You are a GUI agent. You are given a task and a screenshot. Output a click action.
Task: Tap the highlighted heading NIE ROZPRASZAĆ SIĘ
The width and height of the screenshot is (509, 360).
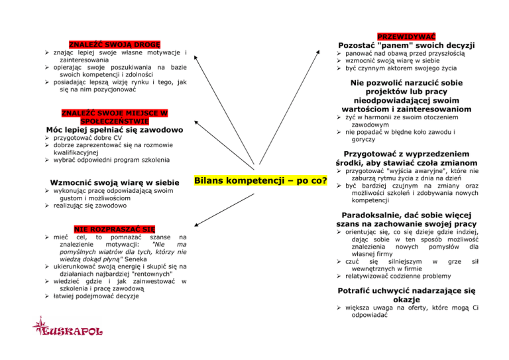coord(115,229)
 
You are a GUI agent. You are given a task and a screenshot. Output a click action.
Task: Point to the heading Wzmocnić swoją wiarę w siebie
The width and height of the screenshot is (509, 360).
coord(115,182)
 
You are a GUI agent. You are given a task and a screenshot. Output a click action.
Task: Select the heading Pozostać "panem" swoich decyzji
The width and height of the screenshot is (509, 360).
coord(406,45)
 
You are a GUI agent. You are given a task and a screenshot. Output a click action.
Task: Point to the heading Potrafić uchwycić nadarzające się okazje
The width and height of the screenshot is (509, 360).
coord(406,295)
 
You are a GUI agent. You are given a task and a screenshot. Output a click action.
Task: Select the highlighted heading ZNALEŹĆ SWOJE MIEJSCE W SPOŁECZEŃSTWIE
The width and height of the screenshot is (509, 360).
coord(115,117)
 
